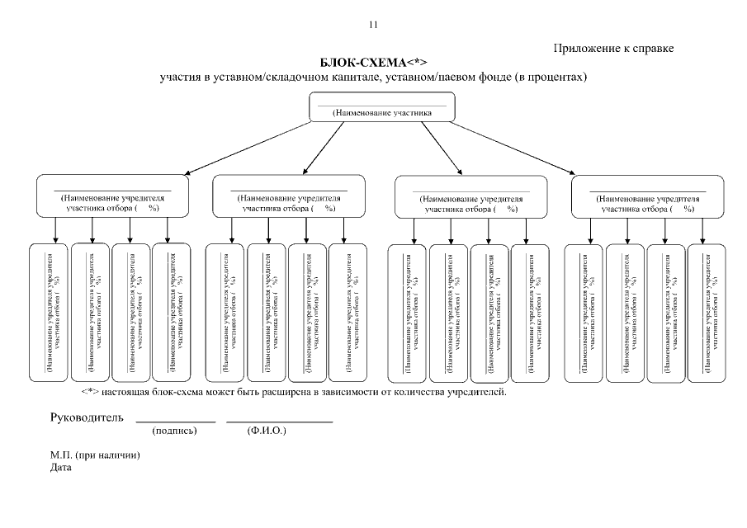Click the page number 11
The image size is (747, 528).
click(x=373, y=25)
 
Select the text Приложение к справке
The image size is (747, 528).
click(x=614, y=49)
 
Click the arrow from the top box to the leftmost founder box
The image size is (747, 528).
click(x=248, y=148)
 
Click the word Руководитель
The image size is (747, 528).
click(x=87, y=417)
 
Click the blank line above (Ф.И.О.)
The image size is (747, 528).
click(x=279, y=422)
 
